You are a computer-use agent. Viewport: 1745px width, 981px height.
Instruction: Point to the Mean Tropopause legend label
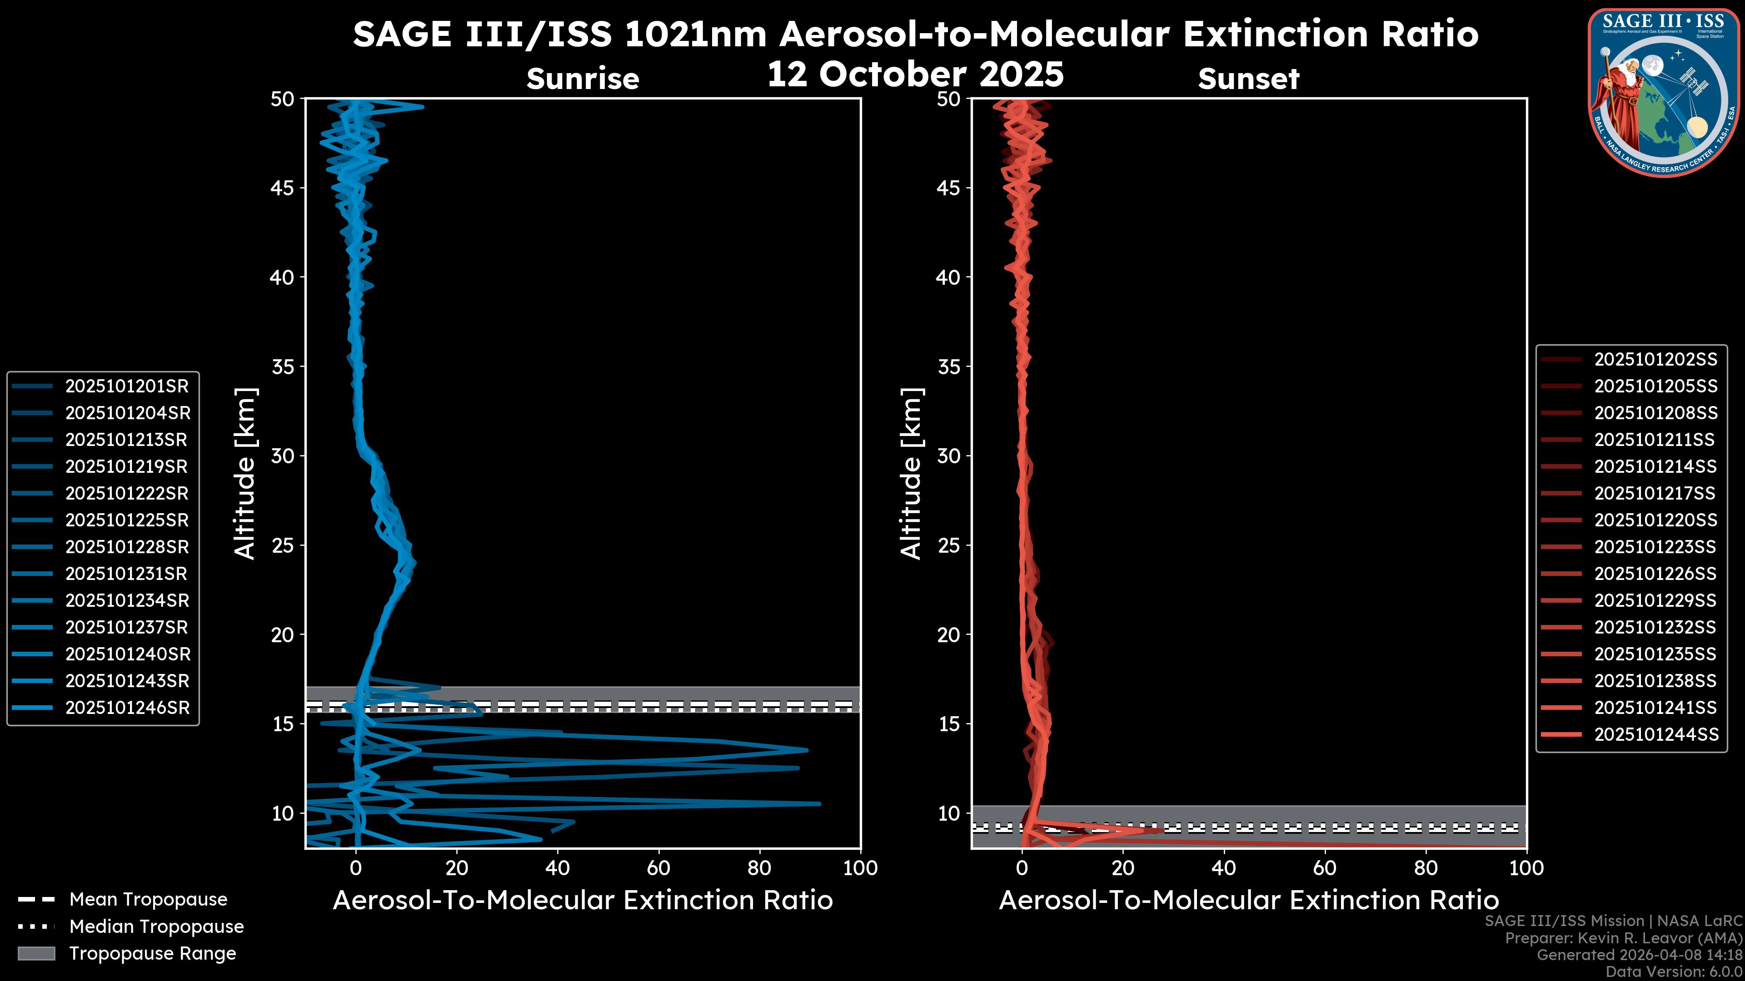[x=148, y=899]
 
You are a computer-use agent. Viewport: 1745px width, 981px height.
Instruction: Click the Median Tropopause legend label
[x=156, y=926]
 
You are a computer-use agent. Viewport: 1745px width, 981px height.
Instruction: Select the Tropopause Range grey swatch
[x=36, y=953]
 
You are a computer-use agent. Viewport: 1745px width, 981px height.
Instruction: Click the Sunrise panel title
[x=583, y=79]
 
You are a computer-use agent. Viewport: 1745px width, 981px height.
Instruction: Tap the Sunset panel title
[x=1248, y=79]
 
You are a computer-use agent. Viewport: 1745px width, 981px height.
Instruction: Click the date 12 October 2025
[x=915, y=73]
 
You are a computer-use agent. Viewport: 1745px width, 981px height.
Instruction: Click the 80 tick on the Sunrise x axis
[x=759, y=868]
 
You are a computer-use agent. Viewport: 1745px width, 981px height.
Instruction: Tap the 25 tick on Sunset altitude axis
[x=948, y=545]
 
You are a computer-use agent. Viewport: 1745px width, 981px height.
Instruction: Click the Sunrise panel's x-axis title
[x=583, y=900]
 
